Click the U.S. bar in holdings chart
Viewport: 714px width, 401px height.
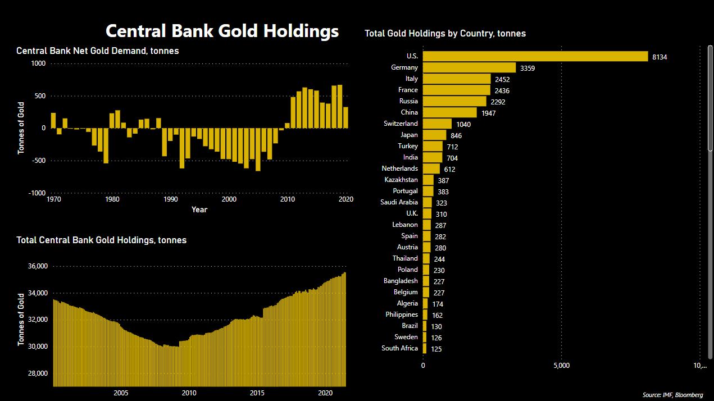[x=535, y=56]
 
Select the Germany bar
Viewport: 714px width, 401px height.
[x=469, y=67]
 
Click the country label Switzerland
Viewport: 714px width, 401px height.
[x=401, y=124]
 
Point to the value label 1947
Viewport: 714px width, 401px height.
[x=488, y=113]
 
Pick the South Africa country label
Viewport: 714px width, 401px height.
[x=399, y=348]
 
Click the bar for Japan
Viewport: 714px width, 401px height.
[x=434, y=135]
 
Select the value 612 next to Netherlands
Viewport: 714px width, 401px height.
[x=449, y=169]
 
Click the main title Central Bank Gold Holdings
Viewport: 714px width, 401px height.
[x=222, y=31]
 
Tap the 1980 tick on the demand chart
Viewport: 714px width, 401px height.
[x=112, y=199]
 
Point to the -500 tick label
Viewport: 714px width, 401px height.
[x=37, y=161]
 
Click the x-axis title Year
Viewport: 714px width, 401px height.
[x=199, y=209]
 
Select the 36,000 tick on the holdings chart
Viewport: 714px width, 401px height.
[x=36, y=266]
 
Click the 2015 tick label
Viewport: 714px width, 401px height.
[x=257, y=393]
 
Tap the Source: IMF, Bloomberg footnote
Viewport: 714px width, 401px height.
[x=672, y=395]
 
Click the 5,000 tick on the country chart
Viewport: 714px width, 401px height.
[x=561, y=366]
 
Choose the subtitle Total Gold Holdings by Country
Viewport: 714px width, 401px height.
[x=445, y=34]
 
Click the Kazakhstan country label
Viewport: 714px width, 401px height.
[x=401, y=180]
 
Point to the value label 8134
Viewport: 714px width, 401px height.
[x=660, y=57]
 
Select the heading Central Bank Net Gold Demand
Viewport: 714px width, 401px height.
[x=98, y=51]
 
